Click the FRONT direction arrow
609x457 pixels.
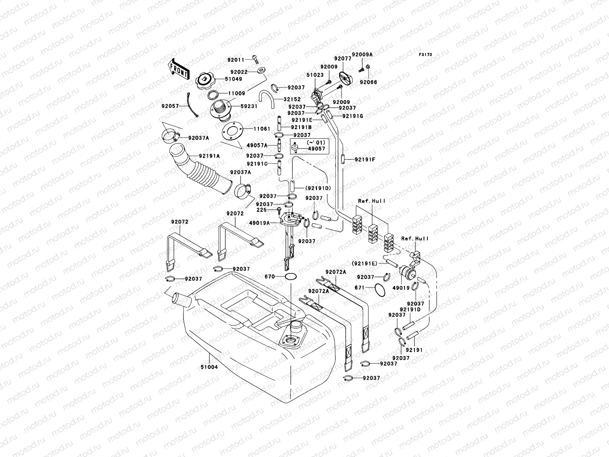[179, 69]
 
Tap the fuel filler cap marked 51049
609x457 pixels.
[204, 80]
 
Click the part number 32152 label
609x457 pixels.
[292, 99]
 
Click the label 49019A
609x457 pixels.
[259, 223]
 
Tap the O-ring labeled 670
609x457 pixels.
[290, 276]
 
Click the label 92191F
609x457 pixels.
[365, 160]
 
